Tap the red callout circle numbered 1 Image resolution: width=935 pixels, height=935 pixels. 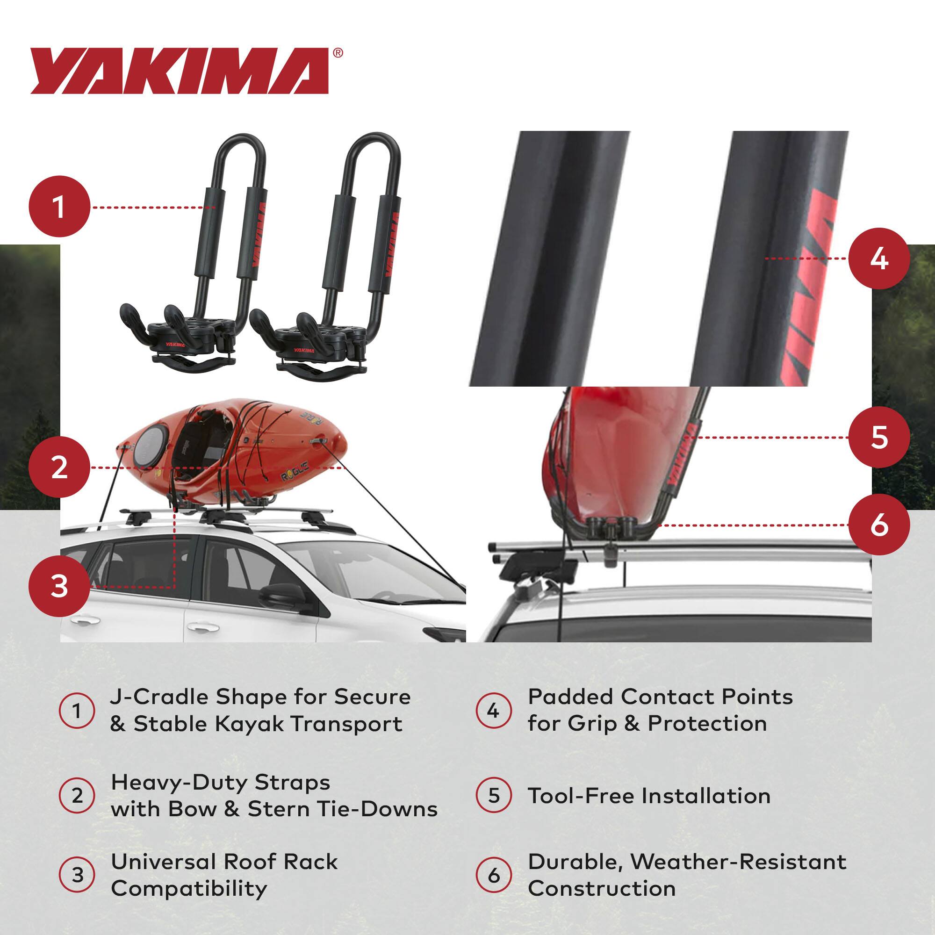(x=59, y=207)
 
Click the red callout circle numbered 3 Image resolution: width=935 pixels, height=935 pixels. (x=59, y=587)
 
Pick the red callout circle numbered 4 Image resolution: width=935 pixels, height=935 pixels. (x=879, y=259)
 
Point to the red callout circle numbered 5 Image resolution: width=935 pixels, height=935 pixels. (x=879, y=438)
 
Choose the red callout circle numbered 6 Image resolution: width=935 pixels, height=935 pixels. (x=879, y=525)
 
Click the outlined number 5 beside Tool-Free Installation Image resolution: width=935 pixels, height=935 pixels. (x=493, y=796)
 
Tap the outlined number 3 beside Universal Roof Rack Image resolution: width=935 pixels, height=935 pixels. (x=77, y=875)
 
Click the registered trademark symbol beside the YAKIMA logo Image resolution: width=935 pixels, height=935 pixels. (x=338, y=53)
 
